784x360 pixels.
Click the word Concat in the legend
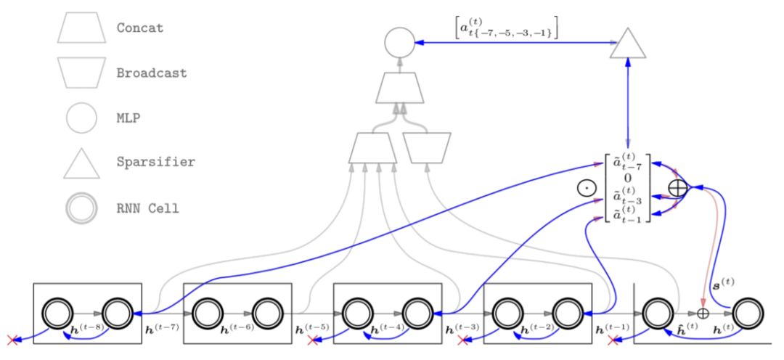click(139, 28)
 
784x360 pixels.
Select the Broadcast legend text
click(151, 73)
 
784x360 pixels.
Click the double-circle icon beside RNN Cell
click(81, 208)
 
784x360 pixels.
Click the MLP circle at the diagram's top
click(399, 43)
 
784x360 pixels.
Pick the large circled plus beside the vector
click(677, 187)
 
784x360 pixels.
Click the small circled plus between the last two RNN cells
click(702, 313)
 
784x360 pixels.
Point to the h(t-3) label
click(462, 328)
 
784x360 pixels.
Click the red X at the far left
click(12, 340)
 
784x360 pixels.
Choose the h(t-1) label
click(611, 328)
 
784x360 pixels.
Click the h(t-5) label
click(312, 328)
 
